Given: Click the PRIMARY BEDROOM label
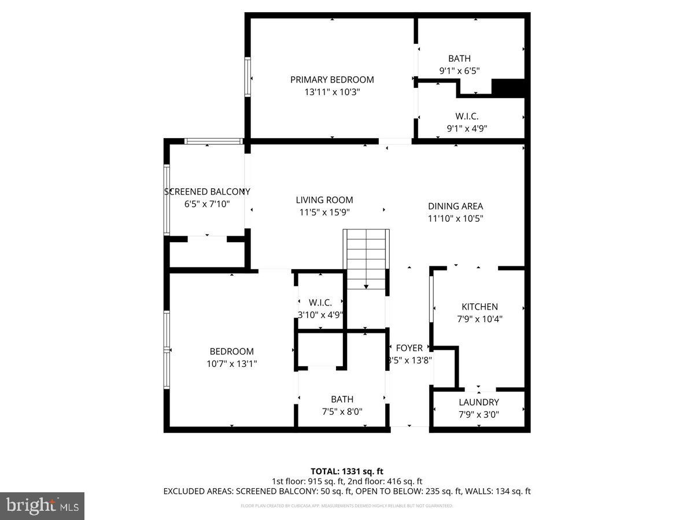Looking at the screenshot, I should click(x=332, y=80).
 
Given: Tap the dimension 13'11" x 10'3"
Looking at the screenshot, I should click(x=332, y=92).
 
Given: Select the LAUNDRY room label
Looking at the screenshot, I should click(x=479, y=402).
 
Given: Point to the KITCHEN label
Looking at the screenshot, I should click(x=479, y=307).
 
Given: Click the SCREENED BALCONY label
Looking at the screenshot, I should click(x=207, y=192).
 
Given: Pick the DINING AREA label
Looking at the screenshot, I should click(x=455, y=206).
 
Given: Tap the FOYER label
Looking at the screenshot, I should click(x=409, y=348).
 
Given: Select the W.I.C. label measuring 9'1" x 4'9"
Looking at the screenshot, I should click(x=467, y=116).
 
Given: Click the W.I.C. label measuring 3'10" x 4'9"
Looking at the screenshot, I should click(x=320, y=303).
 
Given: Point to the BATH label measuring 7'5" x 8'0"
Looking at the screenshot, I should click(x=342, y=399).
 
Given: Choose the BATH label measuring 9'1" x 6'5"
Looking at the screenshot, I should click(x=459, y=58).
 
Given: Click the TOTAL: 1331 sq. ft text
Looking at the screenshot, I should click(x=347, y=471).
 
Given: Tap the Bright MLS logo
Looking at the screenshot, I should click(x=42, y=506).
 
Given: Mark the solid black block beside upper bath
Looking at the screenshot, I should click(x=508, y=88).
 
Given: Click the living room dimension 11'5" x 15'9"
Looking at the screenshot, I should click(x=324, y=212).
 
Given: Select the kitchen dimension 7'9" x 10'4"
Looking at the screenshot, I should click(x=479, y=318).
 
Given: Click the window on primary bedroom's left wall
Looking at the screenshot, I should click(x=248, y=77).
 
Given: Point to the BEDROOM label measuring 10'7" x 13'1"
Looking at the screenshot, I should click(x=231, y=351).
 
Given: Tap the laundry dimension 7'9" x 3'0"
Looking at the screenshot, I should click(x=479, y=414).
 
